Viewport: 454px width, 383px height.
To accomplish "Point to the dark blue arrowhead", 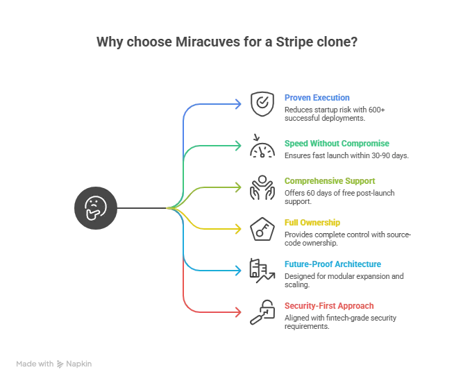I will [x=240, y=105].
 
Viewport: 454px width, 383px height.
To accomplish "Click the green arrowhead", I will [x=240, y=146].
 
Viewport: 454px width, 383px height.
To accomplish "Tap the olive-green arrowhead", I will [x=240, y=187].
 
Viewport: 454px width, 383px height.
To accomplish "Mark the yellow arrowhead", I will [x=240, y=228].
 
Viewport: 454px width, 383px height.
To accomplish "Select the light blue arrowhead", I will [x=240, y=269].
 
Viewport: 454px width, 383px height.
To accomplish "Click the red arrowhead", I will [x=240, y=310].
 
